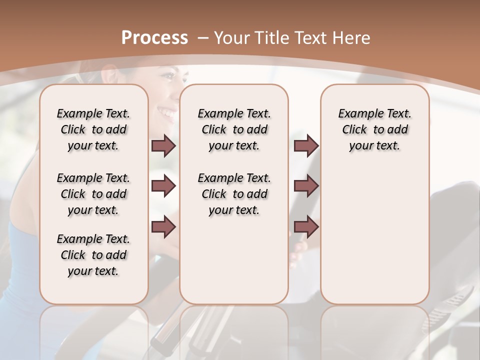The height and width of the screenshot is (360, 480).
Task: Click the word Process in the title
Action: (154, 37)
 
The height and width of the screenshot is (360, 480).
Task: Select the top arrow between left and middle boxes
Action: (163, 146)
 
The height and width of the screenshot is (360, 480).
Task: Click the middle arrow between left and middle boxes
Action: (163, 186)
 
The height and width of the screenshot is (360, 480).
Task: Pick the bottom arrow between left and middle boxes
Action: (163, 227)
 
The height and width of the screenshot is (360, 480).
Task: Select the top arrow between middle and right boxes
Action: (306, 146)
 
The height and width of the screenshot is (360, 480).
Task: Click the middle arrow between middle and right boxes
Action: (306, 186)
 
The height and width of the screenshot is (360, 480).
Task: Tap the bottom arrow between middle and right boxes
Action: (306, 227)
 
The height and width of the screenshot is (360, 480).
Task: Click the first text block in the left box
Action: (93, 129)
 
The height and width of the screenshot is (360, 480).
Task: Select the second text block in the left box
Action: (93, 194)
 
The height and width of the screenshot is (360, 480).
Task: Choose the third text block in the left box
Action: (93, 255)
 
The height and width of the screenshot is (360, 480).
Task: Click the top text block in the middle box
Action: (234, 129)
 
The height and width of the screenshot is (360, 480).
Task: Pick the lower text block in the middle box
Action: (234, 194)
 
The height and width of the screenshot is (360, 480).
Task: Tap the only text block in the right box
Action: (375, 129)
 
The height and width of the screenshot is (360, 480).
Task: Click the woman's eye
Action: (169, 77)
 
